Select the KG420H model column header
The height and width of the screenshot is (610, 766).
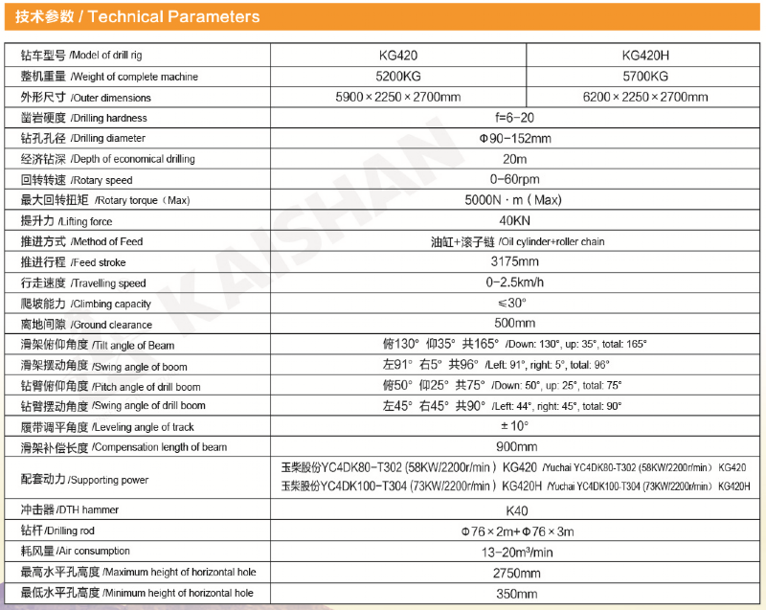[645, 56]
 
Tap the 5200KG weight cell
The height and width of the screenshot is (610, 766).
[397, 77]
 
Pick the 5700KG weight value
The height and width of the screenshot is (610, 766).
[645, 77]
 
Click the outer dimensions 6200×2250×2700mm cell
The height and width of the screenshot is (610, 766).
[645, 98]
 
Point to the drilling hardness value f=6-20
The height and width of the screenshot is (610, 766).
[515, 118]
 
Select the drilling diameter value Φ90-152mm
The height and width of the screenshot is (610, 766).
[515, 138]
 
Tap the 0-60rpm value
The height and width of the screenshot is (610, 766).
[515, 179]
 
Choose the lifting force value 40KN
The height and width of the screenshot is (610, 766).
[515, 220]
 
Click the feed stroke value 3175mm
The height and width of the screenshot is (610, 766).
[515, 261]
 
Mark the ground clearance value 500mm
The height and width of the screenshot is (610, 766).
[515, 324]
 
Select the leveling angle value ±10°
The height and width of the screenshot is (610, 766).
[515, 426]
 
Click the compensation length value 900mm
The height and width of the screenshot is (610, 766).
[515, 446]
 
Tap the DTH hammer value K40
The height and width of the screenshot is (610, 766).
[515, 509]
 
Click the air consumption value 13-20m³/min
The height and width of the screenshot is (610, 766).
[515, 551]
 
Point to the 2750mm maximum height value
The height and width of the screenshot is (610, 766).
[515, 572]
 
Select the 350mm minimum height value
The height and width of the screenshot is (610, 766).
[515, 593]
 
